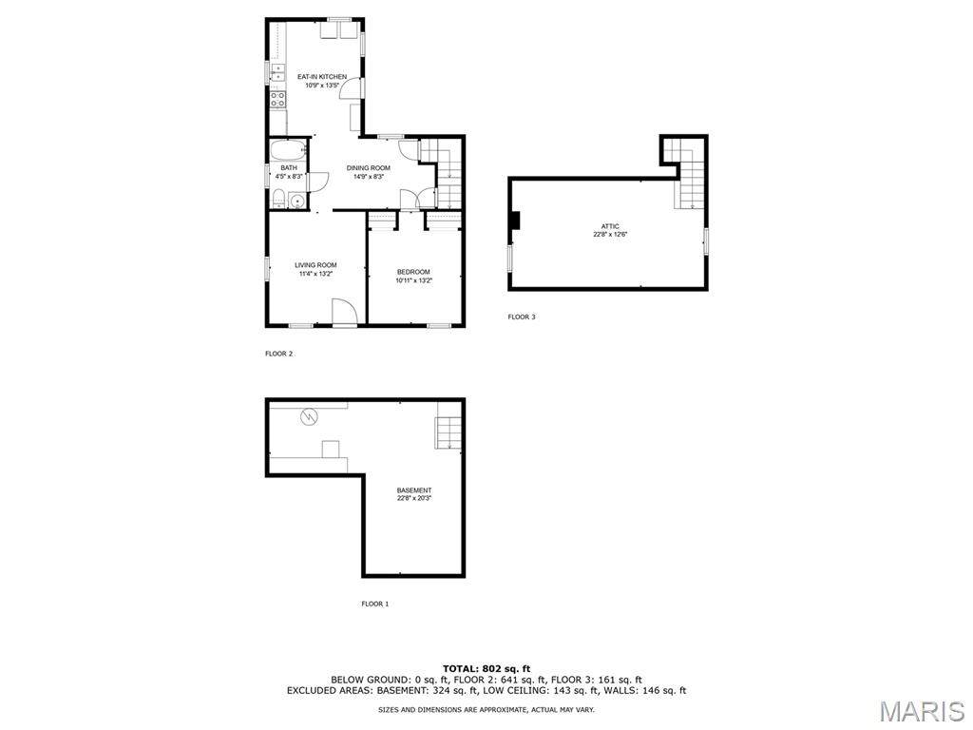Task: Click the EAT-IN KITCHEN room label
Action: coord(322,77)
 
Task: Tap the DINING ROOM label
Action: coord(368,168)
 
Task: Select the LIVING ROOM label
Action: coord(315,265)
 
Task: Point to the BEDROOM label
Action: coord(413,272)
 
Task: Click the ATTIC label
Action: coord(609,226)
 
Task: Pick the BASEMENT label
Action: coord(414,490)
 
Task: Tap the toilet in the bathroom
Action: coord(278,199)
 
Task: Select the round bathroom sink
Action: coord(297,202)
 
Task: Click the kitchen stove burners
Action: coord(277,99)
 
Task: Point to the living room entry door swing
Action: coord(345,311)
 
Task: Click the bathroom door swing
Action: coord(318,182)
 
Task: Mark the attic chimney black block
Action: coord(514,221)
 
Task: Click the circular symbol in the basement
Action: coord(309,416)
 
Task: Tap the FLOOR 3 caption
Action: coord(522,317)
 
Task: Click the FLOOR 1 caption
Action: coord(374,604)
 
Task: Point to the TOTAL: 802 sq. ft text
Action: coord(486,668)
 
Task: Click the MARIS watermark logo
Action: coord(922,711)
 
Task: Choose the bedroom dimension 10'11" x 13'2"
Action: coord(414,280)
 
